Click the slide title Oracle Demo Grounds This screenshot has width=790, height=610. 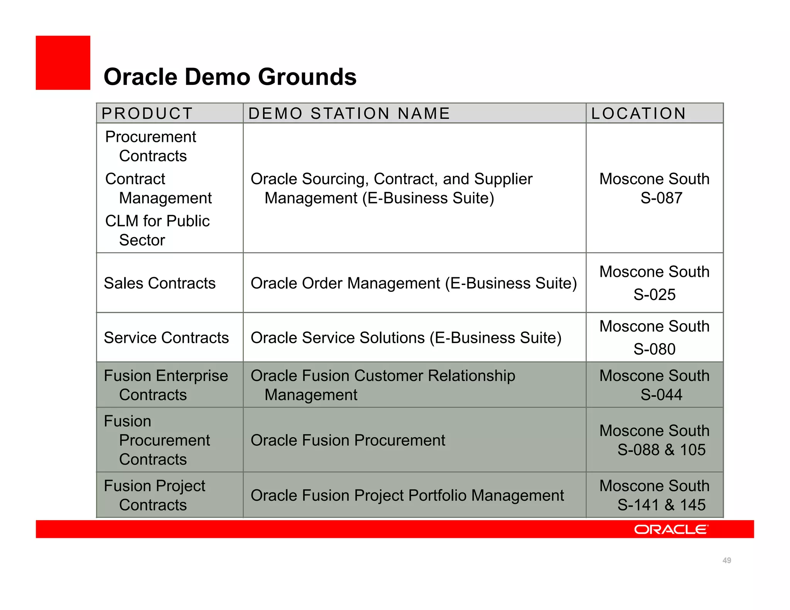[x=230, y=77]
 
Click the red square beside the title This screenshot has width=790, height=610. [x=63, y=63]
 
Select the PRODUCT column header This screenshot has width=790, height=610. [x=147, y=113]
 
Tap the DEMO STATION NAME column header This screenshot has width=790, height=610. [x=349, y=113]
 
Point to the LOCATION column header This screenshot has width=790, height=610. [x=638, y=113]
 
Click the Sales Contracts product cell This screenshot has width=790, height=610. [x=160, y=283]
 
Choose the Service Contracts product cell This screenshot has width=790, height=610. [x=166, y=338]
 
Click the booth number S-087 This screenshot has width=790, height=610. [x=661, y=198]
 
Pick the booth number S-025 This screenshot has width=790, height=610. [x=654, y=295]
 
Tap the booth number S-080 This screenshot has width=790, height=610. [x=654, y=349]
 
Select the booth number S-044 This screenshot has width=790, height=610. [x=661, y=395]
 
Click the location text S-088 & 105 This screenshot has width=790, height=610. [x=661, y=450]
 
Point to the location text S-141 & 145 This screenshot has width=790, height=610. [x=661, y=505]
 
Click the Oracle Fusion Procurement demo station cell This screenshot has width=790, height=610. [x=348, y=440]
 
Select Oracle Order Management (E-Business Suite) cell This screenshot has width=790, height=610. [x=414, y=283]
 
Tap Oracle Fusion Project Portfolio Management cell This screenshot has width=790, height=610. [x=407, y=495]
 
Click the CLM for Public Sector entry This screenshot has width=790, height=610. [x=157, y=231]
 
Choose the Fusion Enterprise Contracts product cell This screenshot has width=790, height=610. [x=166, y=385]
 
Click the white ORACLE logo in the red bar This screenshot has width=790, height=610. [x=671, y=529]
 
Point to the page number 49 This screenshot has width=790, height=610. [x=726, y=560]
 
